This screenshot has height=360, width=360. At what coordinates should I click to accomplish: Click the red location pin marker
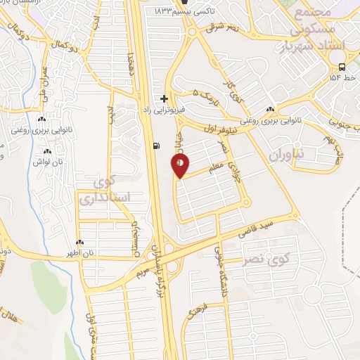[x=180, y=166]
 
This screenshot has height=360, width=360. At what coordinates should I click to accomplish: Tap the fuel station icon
[x=155, y=146]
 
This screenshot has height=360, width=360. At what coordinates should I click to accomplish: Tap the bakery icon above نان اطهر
[x=79, y=242]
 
